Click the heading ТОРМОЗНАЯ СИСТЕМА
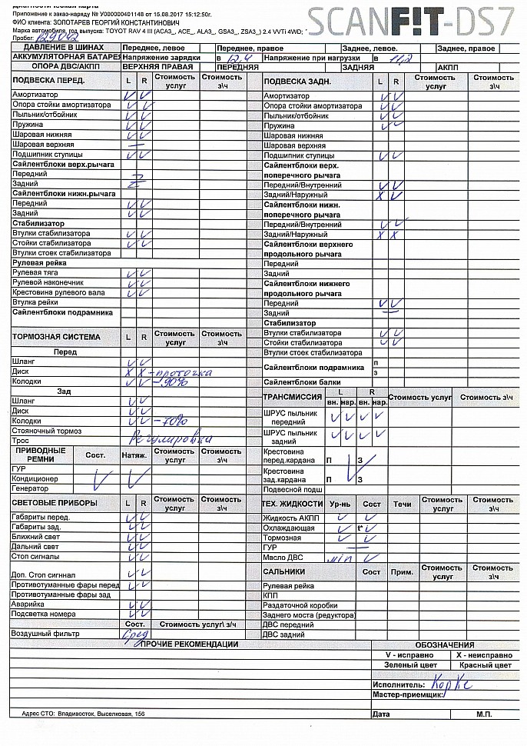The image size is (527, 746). point(56,337)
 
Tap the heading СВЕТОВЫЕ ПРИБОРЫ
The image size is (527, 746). point(55,503)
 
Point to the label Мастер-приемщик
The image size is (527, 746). point(407,694)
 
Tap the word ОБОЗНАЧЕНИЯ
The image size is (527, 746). point(445,644)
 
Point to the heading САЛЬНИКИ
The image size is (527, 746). point(283,572)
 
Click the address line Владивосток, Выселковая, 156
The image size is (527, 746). point(96,714)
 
